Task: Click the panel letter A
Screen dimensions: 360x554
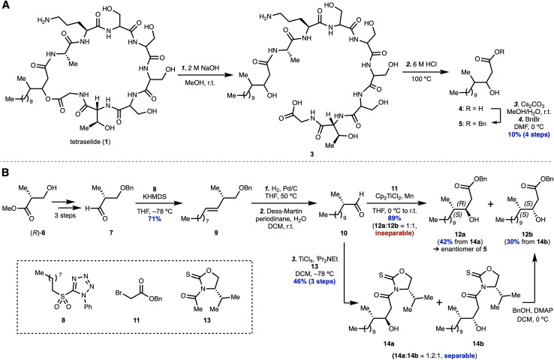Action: [5, 5]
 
